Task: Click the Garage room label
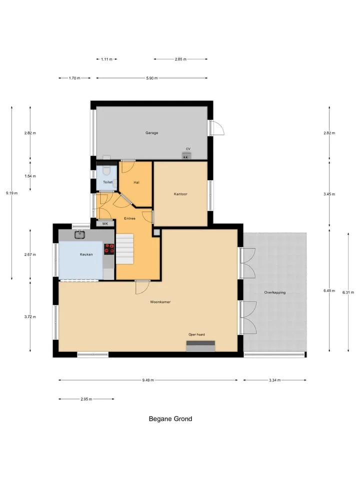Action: click(x=151, y=133)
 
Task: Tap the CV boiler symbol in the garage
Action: click(x=186, y=156)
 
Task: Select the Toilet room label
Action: click(x=107, y=182)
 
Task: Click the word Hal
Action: click(x=136, y=182)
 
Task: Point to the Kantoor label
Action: click(x=180, y=194)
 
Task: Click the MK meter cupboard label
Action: click(x=105, y=224)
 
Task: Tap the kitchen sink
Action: click(x=80, y=235)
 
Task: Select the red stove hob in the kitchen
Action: click(x=109, y=249)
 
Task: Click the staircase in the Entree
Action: click(x=124, y=249)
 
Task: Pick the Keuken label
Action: click(x=86, y=254)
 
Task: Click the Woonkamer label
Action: click(x=160, y=302)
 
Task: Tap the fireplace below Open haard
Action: click(x=201, y=346)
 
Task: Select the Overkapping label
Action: click(x=275, y=292)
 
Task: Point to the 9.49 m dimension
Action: click(x=148, y=380)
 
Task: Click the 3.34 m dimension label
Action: click(x=274, y=380)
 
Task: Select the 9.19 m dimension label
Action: click(x=11, y=193)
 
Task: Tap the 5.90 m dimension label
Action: click(x=152, y=78)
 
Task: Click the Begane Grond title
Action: click(x=170, y=419)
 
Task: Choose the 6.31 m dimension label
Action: click(x=348, y=292)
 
